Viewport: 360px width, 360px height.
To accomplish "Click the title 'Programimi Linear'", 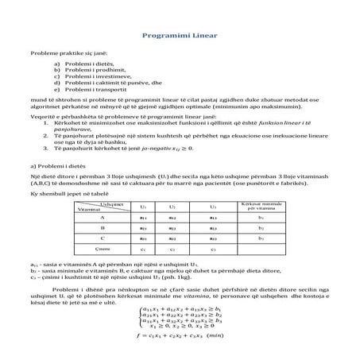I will pyautogui.click(x=180, y=36).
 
